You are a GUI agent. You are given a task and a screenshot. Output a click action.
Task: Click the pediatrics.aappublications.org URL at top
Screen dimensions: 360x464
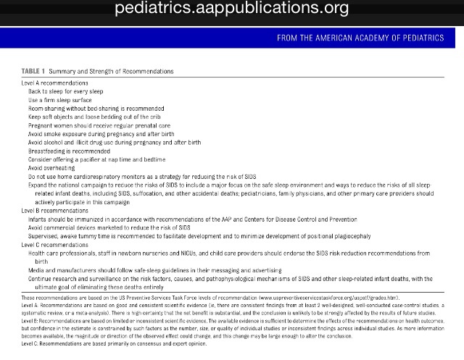coord(231,9)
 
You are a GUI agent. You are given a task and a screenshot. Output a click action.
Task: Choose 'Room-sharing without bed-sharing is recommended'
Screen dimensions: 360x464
coord(96,108)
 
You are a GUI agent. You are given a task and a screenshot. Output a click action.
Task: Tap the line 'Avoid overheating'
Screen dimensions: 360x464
coord(54,167)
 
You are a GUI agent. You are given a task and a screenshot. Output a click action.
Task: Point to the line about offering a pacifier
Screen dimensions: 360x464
coord(97,159)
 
